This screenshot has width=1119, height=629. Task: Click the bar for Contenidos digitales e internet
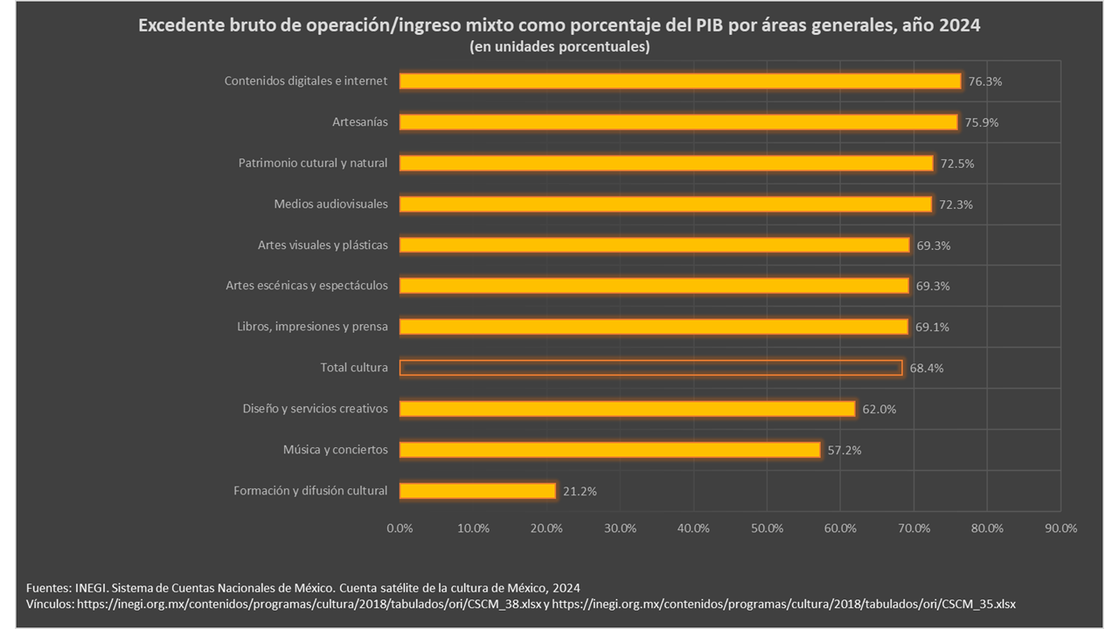[680, 81]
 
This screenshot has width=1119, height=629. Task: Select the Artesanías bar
[678, 122]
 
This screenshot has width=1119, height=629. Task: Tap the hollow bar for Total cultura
[650, 368]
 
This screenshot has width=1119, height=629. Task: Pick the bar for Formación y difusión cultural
[477, 491]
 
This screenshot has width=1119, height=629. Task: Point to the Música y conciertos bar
[609, 450]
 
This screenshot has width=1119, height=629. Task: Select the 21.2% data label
[580, 491]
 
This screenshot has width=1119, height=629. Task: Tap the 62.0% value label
[879, 409]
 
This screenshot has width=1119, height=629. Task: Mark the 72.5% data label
[956, 163]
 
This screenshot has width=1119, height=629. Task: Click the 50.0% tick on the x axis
[767, 528]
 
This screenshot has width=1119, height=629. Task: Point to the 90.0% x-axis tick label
[1060, 528]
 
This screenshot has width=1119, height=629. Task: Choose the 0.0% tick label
[400, 528]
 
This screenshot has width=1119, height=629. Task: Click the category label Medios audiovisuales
[330, 204]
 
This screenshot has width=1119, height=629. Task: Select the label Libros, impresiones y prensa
[312, 327]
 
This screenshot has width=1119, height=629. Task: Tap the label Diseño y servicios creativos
[315, 409]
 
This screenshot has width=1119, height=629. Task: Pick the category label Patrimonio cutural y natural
[313, 163]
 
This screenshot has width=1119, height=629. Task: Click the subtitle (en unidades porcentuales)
[559, 47]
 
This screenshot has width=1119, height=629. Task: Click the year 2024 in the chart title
[960, 26]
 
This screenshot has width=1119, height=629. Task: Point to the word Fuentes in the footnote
[48, 587]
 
